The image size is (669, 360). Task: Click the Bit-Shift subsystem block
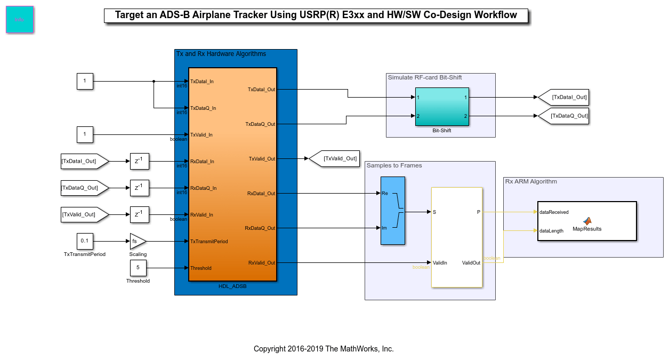click(x=442, y=106)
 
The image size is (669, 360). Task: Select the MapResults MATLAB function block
click(x=587, y=221)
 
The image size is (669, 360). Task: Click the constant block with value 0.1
click(x=85, y=241)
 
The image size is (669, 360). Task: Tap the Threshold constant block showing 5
click(x=138, y=268)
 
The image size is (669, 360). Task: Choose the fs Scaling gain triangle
click(x=137, y=241)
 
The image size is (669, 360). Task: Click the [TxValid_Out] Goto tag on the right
click(x=334, y=158)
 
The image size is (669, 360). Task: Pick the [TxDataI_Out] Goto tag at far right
click(x=564, y=97)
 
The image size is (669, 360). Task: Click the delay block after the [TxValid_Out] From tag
click(x=139, y=214)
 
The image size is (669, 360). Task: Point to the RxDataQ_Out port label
click(x=260, y=228)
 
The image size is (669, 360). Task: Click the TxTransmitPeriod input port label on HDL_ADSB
click(x=209, y=242)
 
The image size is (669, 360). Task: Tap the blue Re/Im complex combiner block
click(x=393, y=211)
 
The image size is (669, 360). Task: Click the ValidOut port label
click(x=471, y=263)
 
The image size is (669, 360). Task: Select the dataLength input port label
click(x=551, y=231)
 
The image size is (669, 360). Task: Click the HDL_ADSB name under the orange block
click(x=232, y=286)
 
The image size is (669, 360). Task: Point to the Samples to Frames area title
click(x=394, y=166)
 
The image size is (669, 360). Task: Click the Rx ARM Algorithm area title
click(x=530, y=182)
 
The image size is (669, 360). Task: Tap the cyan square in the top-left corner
click(x=20, y=20)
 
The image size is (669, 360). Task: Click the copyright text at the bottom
click(x=324, y=349)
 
